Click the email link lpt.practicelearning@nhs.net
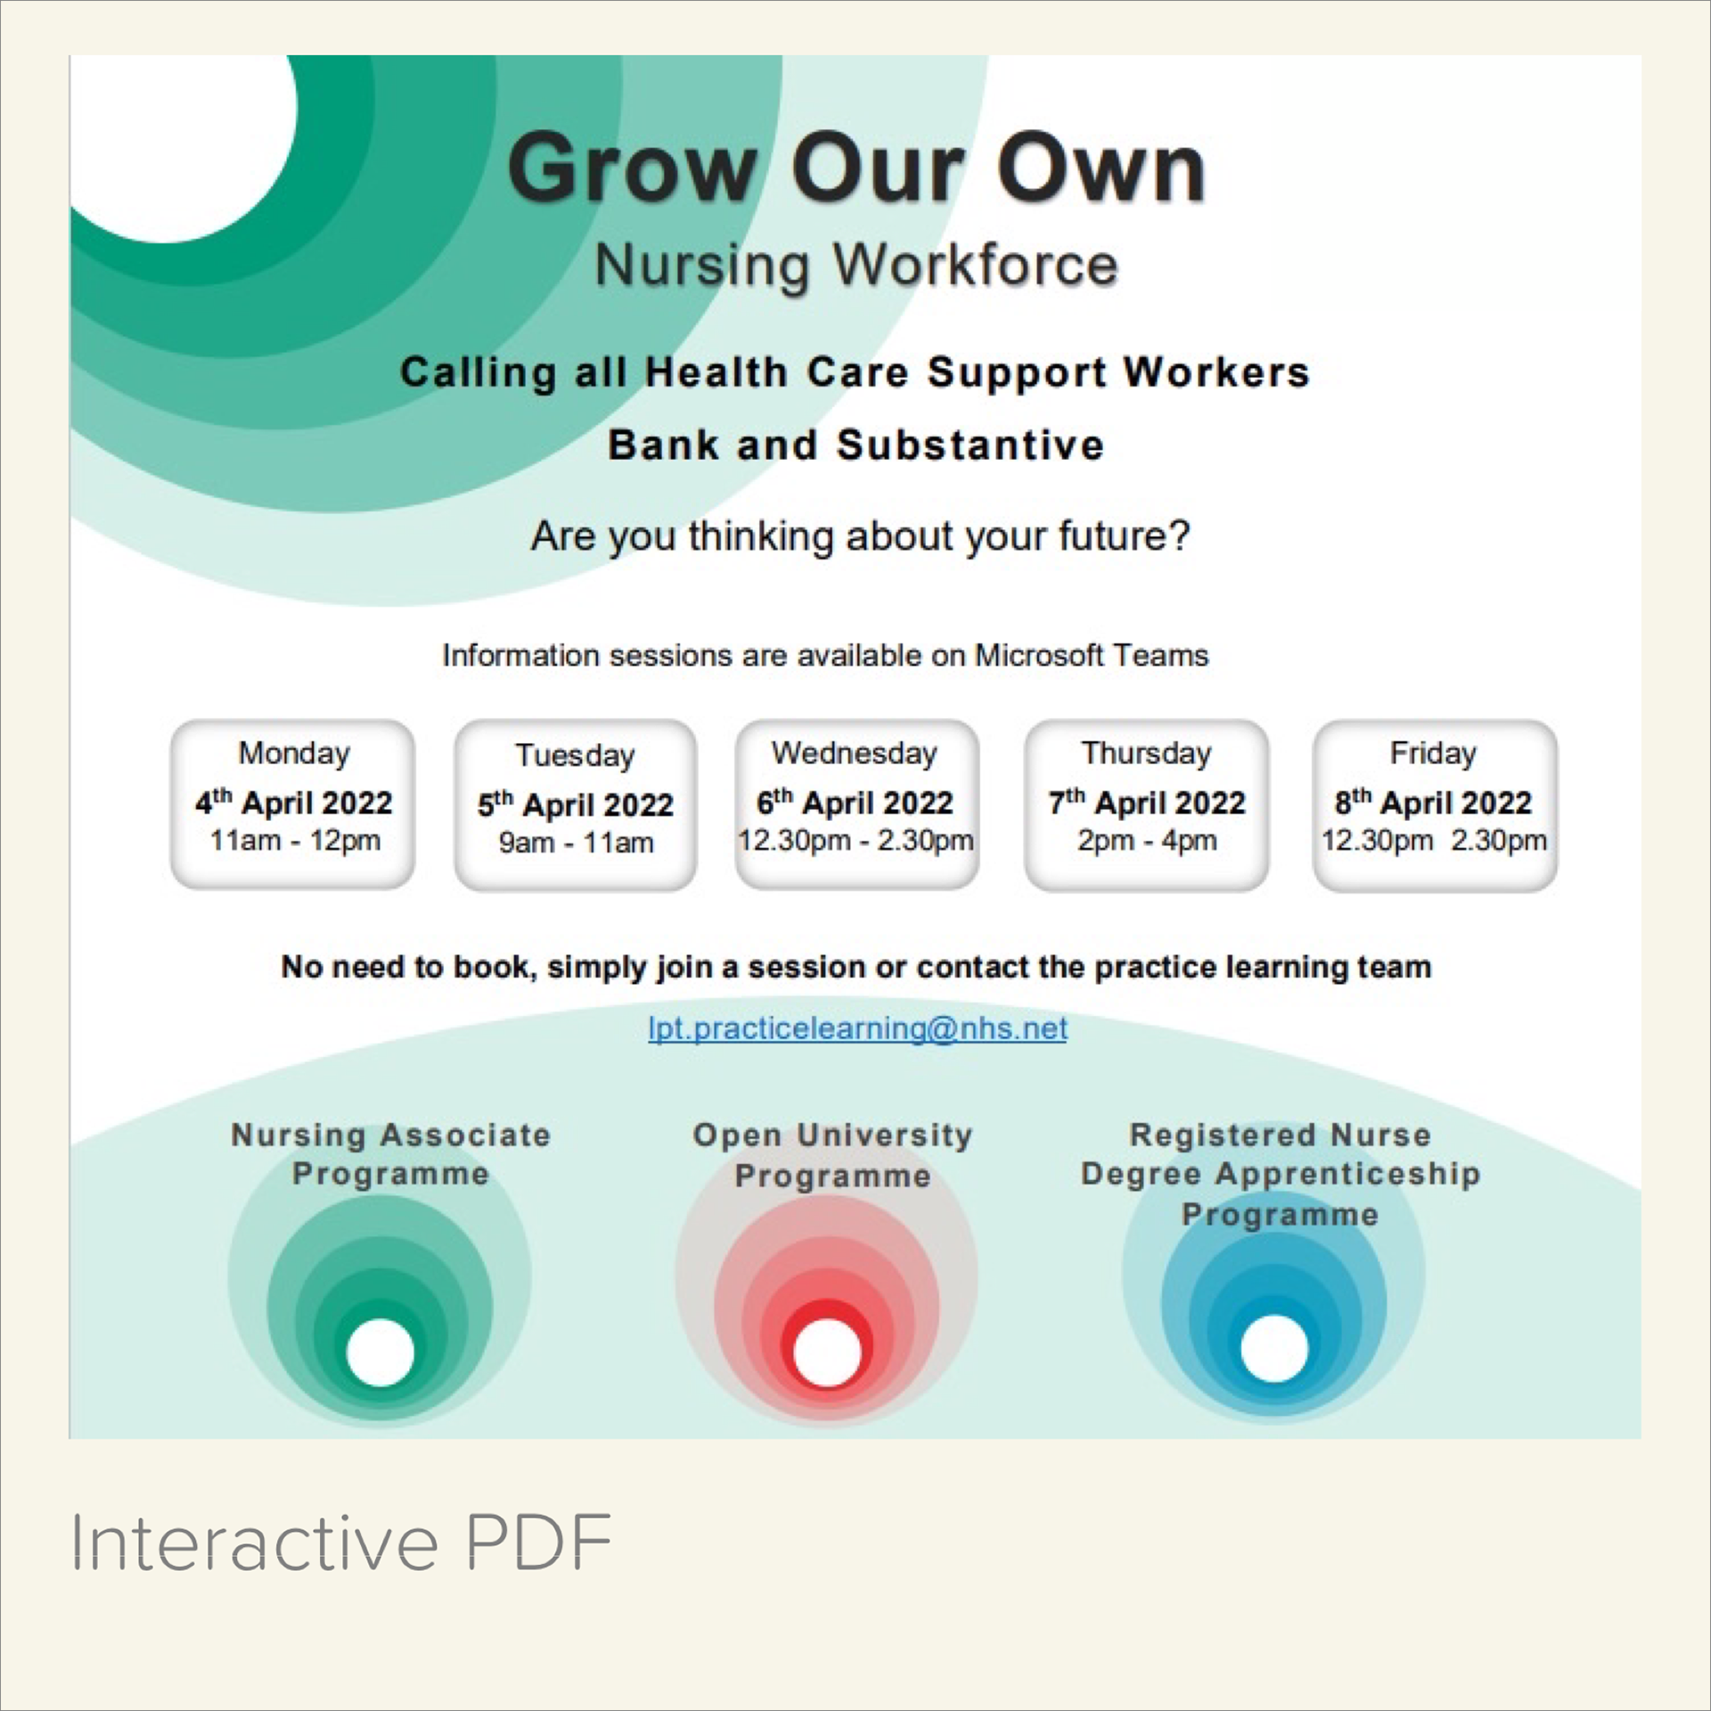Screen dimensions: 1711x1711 tap(857, 1029)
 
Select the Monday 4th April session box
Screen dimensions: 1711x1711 tap(293, 805)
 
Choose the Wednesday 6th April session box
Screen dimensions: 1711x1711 tap(856, 805)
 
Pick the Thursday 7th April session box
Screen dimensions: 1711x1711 tap(1146, 805)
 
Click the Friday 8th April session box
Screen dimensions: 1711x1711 tap(1434, 805)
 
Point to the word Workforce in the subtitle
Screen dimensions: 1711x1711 tap(975, 266)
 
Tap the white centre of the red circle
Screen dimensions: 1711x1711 tap(827, 1353)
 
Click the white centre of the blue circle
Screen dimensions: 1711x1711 tap(1274, 1347)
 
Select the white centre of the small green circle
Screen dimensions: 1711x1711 tap(381, 1353)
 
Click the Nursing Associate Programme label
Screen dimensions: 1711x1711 tap(390, 1155)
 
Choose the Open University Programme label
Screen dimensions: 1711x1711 tap(832, 1156)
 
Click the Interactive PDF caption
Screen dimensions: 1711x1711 tap(341, 1543)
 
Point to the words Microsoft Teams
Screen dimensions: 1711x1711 tap(1092, 656)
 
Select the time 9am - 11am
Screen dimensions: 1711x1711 tap(576, 843)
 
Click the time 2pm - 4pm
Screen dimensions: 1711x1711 tap(1146, 840)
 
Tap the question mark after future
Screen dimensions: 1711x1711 tap(1178, 536)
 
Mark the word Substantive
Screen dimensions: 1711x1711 tap(970, 445)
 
